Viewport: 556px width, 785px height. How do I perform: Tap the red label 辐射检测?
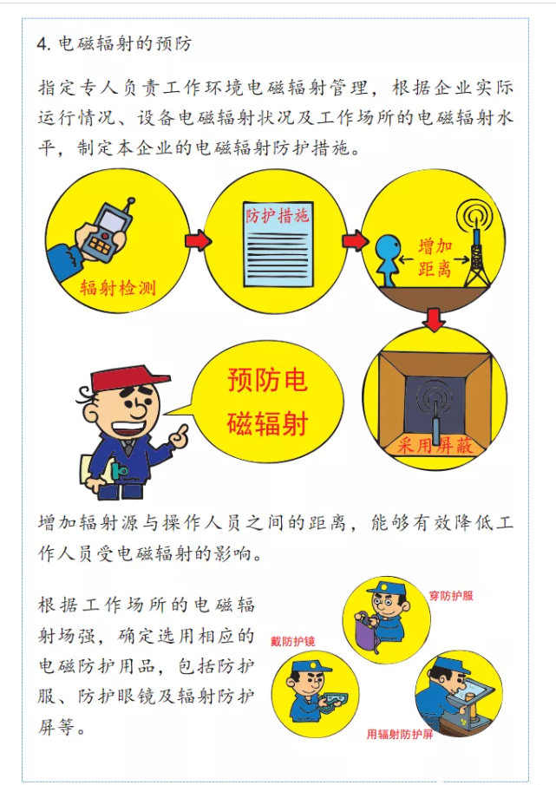(118, 288)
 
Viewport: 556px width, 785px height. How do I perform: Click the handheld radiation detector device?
(108, 230)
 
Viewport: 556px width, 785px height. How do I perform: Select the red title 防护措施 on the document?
(277, 215)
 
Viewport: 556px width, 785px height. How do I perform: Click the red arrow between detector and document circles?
(198, 240)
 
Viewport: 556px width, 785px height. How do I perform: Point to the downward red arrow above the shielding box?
(434, 319)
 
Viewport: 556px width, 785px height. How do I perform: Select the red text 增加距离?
(435, 258)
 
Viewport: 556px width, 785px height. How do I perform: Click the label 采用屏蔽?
(435, 444)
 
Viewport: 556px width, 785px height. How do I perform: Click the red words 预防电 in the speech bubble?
(267, 379)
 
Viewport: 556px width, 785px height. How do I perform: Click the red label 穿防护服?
(451, 596)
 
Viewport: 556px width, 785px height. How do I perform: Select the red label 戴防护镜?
(293, 641)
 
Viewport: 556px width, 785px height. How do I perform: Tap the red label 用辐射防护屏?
(399, 735)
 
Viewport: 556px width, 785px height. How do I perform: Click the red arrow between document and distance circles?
(356, 240)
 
